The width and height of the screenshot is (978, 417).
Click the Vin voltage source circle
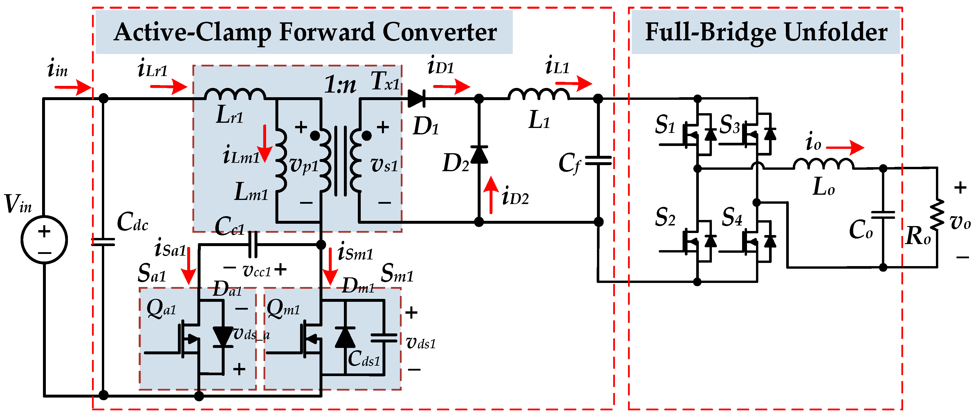click(x=44, y=240)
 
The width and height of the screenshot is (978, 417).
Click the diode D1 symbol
click(x=416, y=99)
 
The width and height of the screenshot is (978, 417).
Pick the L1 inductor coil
click(x=538, y=93)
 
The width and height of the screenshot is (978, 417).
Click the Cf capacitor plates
click(x=598, y=161)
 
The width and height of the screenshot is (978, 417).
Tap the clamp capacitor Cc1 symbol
click(x=252, y=245)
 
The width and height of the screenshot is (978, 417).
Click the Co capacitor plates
click(x=883, y=215)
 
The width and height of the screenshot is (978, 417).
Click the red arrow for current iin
click(x=73, y=87)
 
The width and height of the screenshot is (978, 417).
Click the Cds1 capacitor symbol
click(x=383, y=337)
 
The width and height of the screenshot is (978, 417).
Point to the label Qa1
click(x=161, y=308)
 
